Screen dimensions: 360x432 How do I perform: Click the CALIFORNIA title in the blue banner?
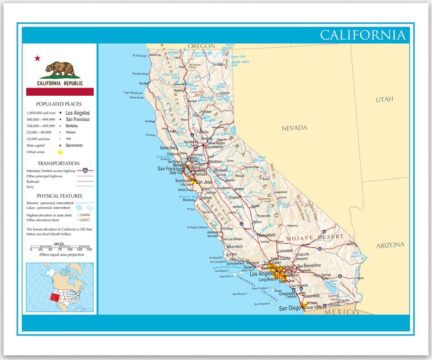click(362, 35)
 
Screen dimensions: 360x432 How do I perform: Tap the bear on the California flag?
click(60, 69)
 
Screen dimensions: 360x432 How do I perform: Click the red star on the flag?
click(38, 58)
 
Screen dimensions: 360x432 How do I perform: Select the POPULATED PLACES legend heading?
click(59, 103)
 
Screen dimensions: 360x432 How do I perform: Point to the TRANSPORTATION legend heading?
click(59, 163)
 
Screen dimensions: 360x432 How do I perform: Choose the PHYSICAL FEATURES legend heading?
click(60, 196)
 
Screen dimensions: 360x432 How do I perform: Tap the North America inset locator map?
click(59, 288)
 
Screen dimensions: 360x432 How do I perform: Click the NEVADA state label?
click(294, 128)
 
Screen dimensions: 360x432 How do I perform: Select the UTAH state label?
click(384, 100)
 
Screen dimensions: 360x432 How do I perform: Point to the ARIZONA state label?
click(390, 245)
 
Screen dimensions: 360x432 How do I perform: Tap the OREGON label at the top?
click(201, 46)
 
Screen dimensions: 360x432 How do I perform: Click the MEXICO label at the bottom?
click(341, 313)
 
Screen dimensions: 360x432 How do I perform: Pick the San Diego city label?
click(289, 308)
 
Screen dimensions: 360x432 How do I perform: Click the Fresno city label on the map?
click(234, 197)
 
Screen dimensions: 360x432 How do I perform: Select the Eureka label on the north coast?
click(144, 83)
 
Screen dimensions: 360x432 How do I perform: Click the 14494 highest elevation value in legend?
click(84, 215)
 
